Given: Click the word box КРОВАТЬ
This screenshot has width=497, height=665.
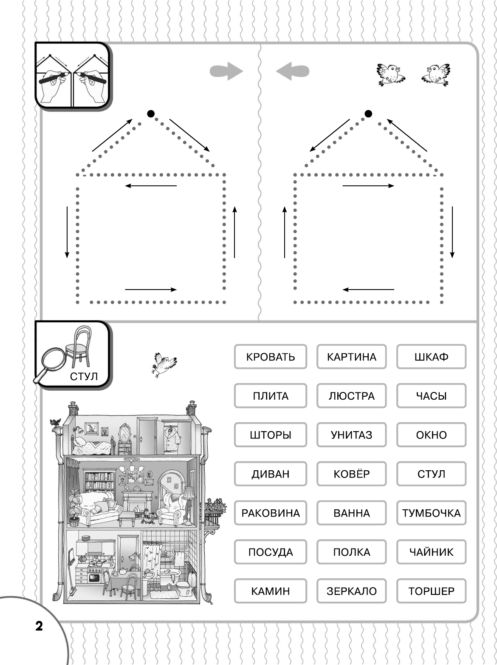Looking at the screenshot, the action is click(x=270, y=357).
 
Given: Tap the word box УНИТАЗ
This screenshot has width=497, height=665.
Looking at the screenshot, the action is click(x=351, y=435).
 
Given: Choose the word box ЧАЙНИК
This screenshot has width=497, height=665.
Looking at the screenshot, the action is click(x=431, y=552).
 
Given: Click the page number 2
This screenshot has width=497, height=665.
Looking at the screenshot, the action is click(x=39, y=625).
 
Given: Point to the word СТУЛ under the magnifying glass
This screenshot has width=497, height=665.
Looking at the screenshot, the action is click(x=84, y=377).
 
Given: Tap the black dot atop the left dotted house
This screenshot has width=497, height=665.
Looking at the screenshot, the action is click(x=151, y=114).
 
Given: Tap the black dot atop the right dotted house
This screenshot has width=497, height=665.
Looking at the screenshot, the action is click(x=368, y=114).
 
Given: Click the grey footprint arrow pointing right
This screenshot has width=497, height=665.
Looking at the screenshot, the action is click(x=226, y=71).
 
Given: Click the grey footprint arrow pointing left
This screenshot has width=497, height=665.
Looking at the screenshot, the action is click(x=292, y=71).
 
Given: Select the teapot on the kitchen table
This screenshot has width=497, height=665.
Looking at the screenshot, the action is click(x=122, y=571).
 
